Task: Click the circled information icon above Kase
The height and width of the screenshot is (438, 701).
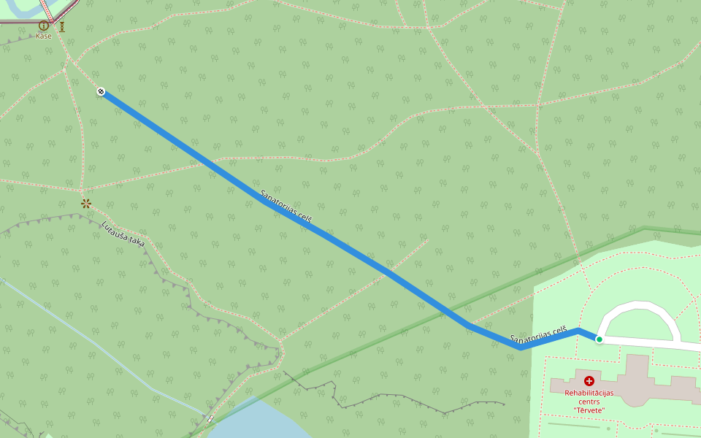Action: (44, 26)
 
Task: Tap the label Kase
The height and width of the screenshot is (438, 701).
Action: (44, 36)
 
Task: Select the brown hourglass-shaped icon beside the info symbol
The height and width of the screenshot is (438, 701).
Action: (63, 26)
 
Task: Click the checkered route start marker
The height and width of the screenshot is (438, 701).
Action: (101, 91)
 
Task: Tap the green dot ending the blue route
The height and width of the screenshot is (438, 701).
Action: (599, 339)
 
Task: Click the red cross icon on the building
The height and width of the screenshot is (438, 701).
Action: (589, 380)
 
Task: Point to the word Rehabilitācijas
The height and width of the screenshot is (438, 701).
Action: (589, 393)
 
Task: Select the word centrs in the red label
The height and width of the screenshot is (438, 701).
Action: (589, 401)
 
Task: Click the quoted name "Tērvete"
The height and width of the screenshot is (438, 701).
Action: (589, 410)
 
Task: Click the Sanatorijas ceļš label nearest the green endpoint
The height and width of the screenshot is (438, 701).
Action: (538, 335)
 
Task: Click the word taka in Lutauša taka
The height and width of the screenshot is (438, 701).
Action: (135, 242)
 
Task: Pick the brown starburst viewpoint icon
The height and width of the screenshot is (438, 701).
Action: (86, 203)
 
